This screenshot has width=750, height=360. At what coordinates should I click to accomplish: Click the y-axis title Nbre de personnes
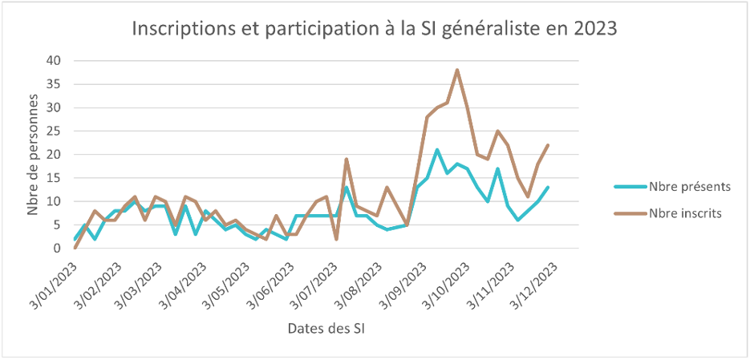click(x=34, y=154)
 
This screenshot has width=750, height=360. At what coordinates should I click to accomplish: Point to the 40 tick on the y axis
click(x=55, y=60)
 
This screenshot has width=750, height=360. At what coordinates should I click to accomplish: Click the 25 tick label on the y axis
click(x=55, y=131)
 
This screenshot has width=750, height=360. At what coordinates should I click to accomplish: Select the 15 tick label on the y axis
click(x=55, y=177)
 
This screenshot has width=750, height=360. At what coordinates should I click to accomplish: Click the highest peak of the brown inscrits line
click(x=457, y=70)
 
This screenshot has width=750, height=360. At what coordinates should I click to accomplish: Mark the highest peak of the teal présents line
click(x=437, y=150)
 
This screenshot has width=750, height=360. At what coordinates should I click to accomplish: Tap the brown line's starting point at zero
click(x=75, y=248)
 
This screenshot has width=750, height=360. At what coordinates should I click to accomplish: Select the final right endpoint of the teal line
click(x=548, y=188)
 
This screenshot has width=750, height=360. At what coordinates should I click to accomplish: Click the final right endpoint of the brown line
click(x=548, y=145)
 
